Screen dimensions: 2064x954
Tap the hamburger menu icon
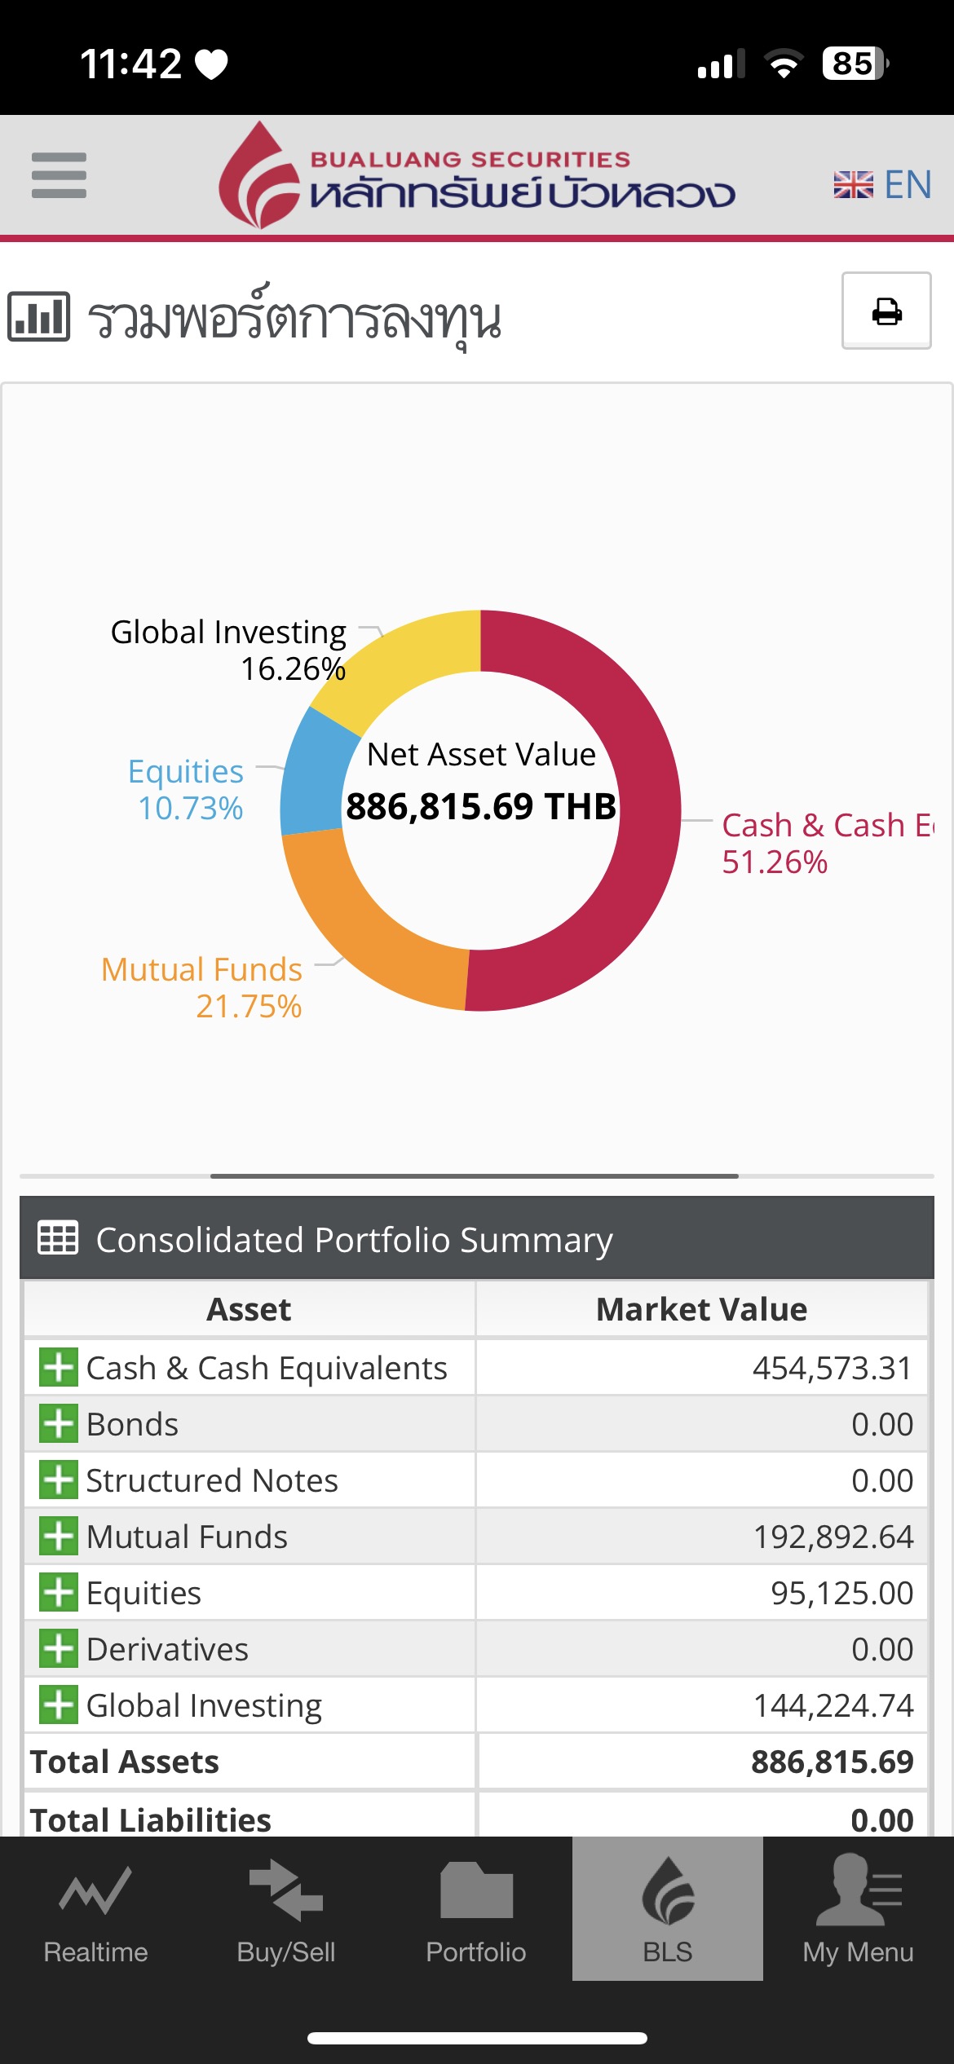click(59, 175)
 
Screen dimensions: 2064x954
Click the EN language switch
click(883, 185)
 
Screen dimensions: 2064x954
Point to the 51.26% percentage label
click(775, 862)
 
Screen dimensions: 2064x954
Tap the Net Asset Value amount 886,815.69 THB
click(481, 806)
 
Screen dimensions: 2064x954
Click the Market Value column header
click(701, 1309)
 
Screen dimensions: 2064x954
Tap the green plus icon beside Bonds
click(59, 1424)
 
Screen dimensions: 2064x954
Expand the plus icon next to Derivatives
click(59, 1649)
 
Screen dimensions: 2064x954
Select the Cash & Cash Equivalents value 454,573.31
click(832, 1368)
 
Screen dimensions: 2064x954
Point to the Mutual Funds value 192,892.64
click(833, 1537)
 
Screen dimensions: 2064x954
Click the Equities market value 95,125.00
click(841, 1593)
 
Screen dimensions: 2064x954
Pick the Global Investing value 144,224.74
click(833, 1705)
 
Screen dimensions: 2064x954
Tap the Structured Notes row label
click(212, 1480)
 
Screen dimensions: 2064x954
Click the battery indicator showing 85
click(855, 64)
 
